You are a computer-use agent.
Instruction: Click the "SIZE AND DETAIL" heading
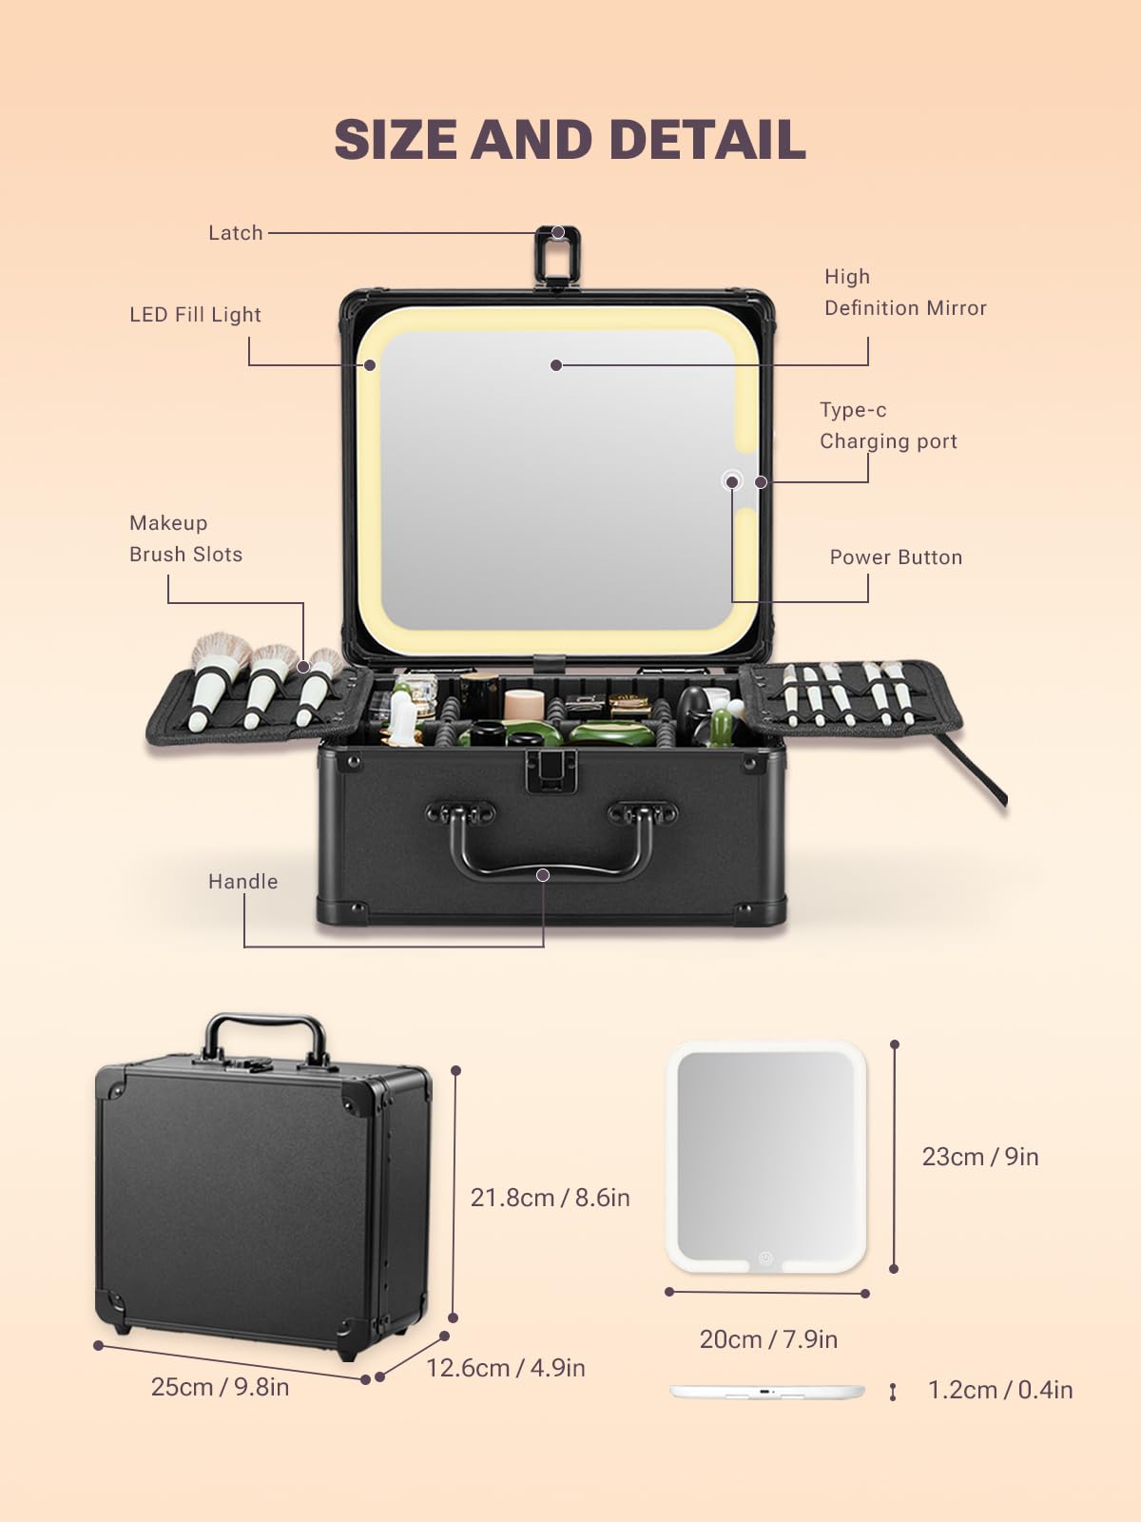click(570, 140)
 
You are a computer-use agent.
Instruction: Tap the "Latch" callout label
click(236, 233)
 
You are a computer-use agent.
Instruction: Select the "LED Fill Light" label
click(195, 315)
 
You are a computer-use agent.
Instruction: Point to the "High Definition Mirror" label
click(905, 292)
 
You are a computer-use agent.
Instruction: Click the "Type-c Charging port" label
click(888, 426)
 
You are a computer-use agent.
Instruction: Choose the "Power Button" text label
click(896, 557)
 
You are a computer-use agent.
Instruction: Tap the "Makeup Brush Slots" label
click(185, 538)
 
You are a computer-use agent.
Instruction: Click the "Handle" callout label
click(242, 881)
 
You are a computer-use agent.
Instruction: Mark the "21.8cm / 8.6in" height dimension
click(551, 1198)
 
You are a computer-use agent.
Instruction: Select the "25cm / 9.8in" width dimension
click(220, 1387)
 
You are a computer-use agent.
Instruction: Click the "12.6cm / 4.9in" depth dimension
click(505, 1367)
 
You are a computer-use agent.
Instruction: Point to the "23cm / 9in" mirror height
click(980, 1157)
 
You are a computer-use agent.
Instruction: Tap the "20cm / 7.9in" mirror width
click(768, 1339)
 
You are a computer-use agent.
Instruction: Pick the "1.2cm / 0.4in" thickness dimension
click(999, 1390)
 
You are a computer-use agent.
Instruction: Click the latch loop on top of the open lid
click(557, 255)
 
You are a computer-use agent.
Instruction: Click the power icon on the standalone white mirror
click(765, 1258)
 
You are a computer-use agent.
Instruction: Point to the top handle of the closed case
click(264, 1041)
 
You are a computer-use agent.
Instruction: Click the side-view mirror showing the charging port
click(767, 1392)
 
